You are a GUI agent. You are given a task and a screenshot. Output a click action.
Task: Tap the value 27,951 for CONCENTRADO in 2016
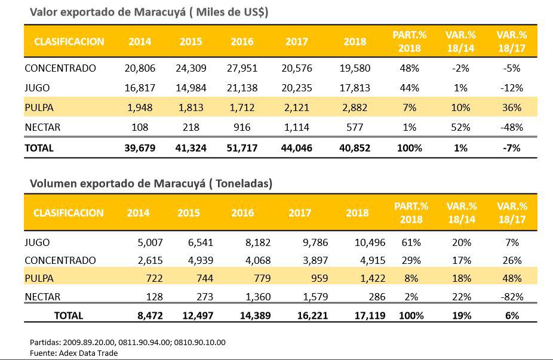244,68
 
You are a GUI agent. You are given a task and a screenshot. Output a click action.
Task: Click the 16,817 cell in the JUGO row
139,88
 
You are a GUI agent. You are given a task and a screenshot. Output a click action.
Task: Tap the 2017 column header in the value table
296,42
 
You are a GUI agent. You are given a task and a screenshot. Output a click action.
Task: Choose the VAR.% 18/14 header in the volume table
461,213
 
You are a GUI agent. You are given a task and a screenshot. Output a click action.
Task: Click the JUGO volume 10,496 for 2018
369,242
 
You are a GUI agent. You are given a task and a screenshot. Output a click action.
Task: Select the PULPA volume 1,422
373,278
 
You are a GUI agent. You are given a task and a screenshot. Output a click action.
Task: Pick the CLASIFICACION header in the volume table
69,213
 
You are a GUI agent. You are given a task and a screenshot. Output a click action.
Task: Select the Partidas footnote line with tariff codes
127,342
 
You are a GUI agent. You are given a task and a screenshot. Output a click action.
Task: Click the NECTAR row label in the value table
42,128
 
